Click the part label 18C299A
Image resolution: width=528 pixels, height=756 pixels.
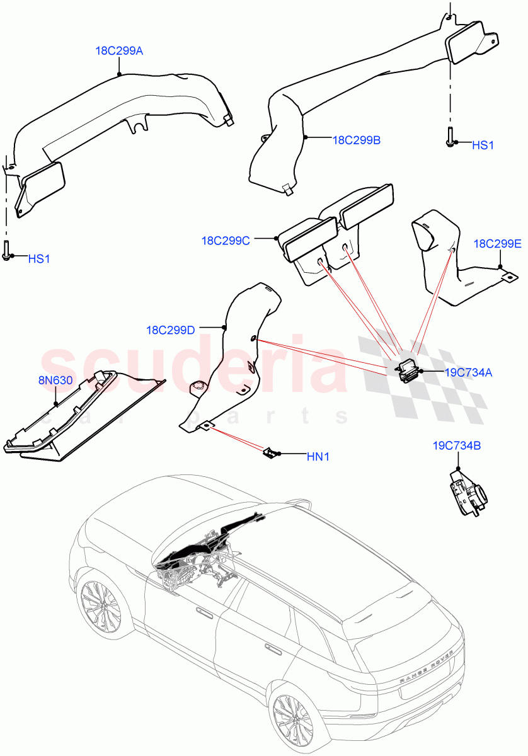click(x=119, y=51)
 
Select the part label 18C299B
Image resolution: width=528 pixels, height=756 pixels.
click(x=356, y=140)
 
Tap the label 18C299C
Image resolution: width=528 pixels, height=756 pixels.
click(x=226, y=240)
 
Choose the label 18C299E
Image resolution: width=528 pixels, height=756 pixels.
click(x=497, y=244)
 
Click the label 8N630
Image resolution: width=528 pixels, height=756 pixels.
click(x=55, y=381)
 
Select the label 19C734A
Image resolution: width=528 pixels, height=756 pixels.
click(x=468, y=372)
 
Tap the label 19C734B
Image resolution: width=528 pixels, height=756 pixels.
click(x=456, y=445)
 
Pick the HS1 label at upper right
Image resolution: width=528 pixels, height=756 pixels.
click(x=483, y=145)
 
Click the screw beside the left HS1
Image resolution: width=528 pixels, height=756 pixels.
click(x=7, y=250)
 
